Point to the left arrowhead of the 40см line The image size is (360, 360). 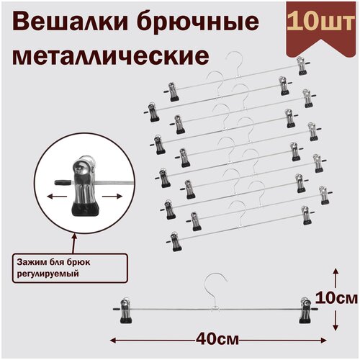click(113, 336)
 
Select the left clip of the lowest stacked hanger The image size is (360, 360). click(175, 241)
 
